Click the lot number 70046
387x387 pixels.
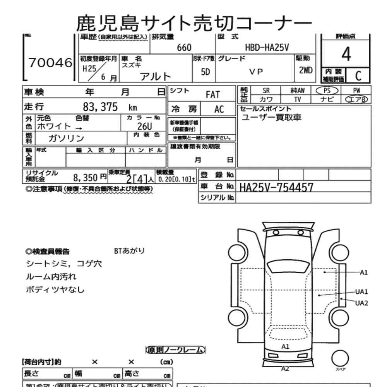[x=51, y=62]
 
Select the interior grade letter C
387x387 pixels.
[x=358, y=75]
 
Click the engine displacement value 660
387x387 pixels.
[x=184, y=47]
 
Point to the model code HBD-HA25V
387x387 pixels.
[x=267, y=47]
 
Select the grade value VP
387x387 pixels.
[x=256, y=72]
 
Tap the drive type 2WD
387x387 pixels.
[x=306, y=71]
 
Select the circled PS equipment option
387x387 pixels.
[x=327, y=90]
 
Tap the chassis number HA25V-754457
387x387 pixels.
[x=276, y=187]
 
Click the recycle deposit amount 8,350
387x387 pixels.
[x=85, y=178]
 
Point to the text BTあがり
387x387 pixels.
[x=129, y=251]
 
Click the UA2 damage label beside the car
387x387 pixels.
[x=361, y=303]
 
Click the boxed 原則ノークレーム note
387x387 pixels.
[x=175, y=350]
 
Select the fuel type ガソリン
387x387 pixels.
[x=66, y=138]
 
